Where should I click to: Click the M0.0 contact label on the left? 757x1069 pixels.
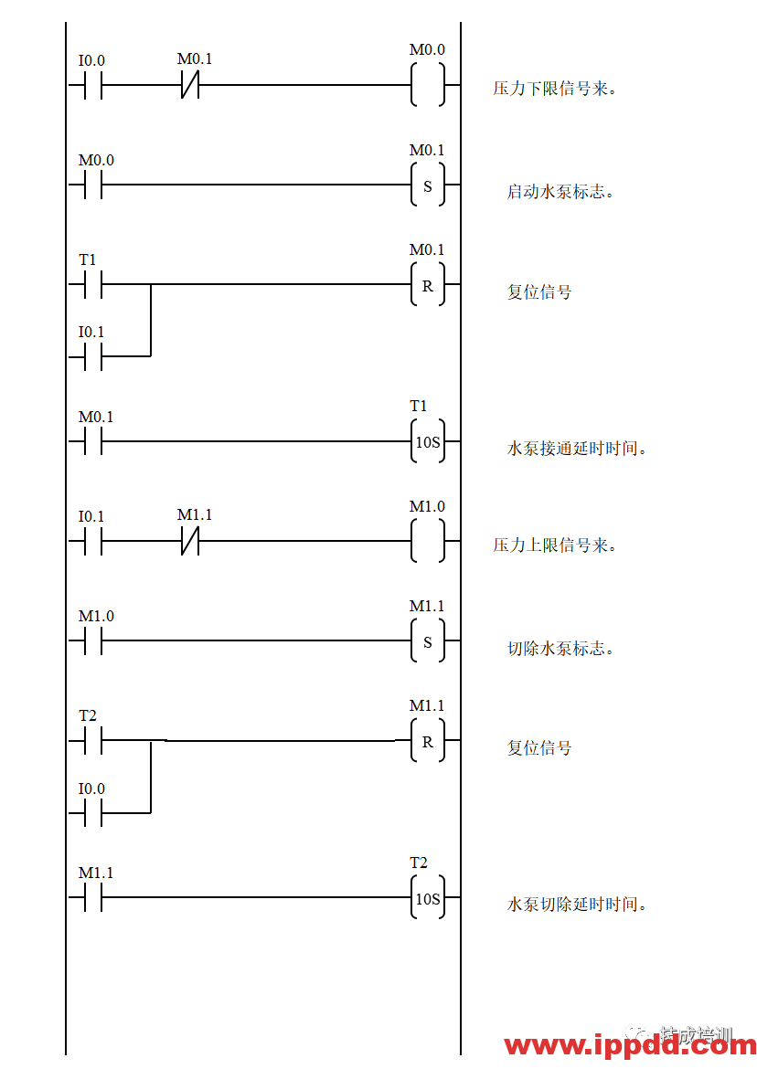coord(97,160)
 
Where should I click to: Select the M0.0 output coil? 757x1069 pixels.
coord(428,49)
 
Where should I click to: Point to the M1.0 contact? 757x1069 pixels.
coord(97,616)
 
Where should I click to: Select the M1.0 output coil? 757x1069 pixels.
coord(428,505)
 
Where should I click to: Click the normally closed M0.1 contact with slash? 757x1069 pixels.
coord(196,59)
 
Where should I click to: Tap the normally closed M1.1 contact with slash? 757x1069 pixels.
coord(196,515)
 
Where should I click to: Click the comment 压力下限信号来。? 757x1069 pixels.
coord(569,89)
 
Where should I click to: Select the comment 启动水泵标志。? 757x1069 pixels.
coord(567,192)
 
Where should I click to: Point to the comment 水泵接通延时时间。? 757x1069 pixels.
coord(583,449)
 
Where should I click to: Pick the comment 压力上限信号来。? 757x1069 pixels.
coord(569,545)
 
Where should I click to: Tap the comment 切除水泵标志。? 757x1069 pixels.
coord(567,648)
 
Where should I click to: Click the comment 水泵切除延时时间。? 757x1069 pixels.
coord(583,905)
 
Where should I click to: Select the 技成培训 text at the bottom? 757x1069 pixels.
coord(696,1036)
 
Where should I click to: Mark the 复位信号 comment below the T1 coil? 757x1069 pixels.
coord(550,748)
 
